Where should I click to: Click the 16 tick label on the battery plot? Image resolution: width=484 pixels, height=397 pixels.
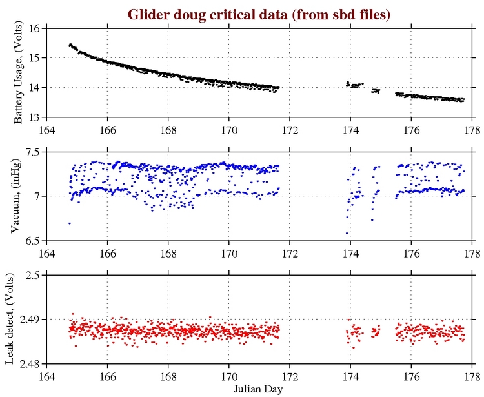pos(35,28)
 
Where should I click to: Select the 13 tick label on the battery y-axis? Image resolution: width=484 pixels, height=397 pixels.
pos(35,117)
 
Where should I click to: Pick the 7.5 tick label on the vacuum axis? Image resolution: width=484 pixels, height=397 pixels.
pos(32,152)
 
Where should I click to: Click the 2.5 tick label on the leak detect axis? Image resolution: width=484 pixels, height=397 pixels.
pos(32,275)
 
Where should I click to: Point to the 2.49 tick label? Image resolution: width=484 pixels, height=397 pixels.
pos(30,320)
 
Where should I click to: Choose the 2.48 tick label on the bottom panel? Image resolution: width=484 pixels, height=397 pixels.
pos(30,363)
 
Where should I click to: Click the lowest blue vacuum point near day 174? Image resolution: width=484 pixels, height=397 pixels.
pos(347,233)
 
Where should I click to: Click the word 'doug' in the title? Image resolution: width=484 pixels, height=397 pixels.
pos(181,14)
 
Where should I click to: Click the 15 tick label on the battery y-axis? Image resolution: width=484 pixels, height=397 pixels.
pos(35,58)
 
